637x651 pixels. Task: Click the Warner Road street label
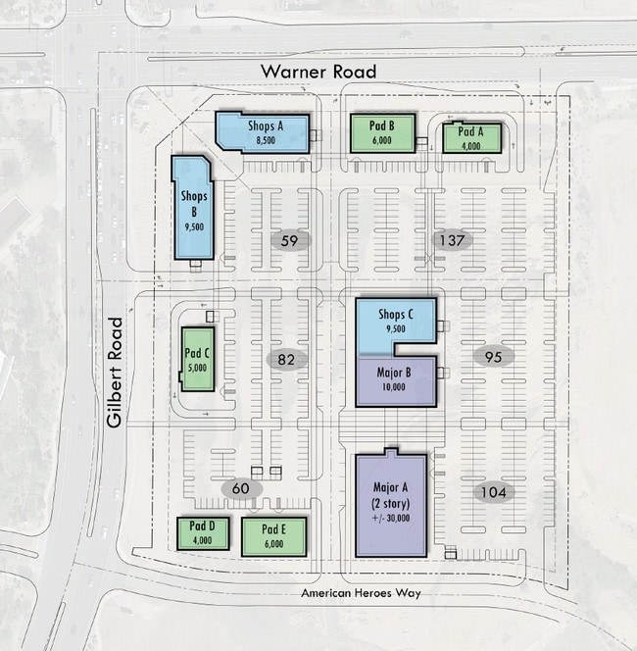(x=318, y=72)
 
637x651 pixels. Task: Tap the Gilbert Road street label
(x=115, y=373)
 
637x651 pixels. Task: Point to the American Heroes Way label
(x=361, y=593)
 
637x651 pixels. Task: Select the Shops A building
(x=263, y=132)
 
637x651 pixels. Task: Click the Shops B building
(x=193, y=208)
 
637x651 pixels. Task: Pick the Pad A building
(x=471, y=138)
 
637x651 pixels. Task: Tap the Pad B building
(x=382, y=133)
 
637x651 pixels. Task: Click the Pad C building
(x=198, y=359)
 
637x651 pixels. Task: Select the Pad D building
(x=203, y=533)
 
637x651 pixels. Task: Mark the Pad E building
(x=273, y=537)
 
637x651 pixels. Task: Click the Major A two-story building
(x=391, y=503)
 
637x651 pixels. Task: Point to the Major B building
(x=396, y=381)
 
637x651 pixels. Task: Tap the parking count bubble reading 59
(x=290, y=240)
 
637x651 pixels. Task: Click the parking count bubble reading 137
(x=452, y=240)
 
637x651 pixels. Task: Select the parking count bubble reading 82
(x=286, y=359)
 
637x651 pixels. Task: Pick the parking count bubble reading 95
(x=493, y=357)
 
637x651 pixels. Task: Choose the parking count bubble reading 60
(x=241, y=488)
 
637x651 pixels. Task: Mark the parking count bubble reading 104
(x=493, y=492)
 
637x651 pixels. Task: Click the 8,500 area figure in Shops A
(x=266, y=140)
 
